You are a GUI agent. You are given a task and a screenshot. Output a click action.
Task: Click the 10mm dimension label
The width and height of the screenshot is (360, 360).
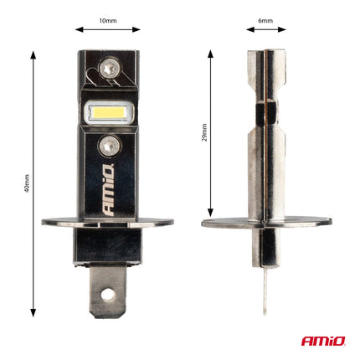(x=108, y=18)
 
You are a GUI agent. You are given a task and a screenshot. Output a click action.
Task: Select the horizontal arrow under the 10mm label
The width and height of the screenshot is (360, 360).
(x=107, y=29)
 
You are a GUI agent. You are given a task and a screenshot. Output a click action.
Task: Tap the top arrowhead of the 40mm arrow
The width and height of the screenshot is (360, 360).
(x=34, y=52)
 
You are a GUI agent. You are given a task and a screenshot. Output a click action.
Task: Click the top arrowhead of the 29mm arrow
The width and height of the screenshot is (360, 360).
(x=210, y=52)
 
